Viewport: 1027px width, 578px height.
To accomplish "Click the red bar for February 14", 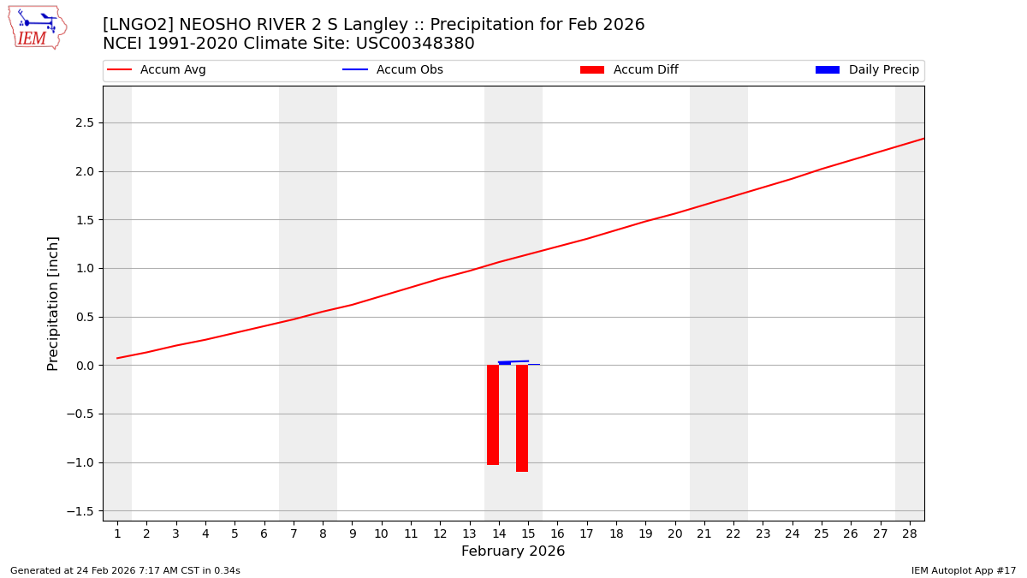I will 493,414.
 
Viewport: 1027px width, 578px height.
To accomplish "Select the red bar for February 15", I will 522,418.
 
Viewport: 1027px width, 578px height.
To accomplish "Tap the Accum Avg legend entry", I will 157,70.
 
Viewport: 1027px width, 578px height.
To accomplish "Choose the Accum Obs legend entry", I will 393,70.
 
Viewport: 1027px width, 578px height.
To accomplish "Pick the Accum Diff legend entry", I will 629,70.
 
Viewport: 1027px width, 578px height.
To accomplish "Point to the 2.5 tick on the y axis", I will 84,123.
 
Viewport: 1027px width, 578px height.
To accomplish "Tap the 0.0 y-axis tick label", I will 84,366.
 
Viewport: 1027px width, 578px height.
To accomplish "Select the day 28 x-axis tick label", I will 910,533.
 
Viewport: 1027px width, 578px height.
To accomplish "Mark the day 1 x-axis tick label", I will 117,533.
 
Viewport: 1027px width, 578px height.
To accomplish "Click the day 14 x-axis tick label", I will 499,533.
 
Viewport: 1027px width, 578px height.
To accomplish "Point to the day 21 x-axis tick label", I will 704,533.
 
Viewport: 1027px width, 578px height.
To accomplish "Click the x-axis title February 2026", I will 513,551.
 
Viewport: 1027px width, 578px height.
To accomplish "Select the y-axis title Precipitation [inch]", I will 53,303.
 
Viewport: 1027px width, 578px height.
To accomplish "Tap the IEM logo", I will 37,27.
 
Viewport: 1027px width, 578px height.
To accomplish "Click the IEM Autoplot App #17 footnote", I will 963,570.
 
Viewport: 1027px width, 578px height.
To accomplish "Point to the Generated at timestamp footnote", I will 125,570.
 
